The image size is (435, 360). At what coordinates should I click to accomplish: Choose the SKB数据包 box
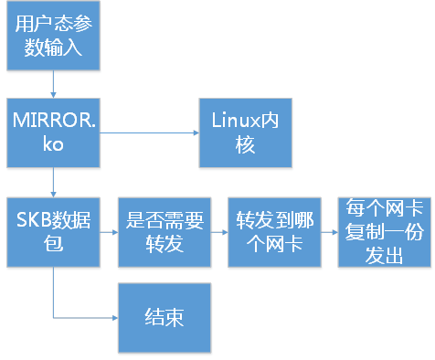coord(52,231)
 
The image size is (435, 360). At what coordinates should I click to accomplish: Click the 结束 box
coord(164,317)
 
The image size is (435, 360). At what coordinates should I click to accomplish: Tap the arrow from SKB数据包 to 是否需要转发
coord(108,232)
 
